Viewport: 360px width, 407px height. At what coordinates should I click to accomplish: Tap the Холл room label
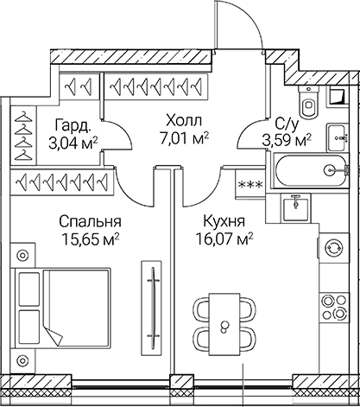[x=184, y=121]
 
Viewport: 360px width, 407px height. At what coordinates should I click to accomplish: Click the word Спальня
[x=89, y=219]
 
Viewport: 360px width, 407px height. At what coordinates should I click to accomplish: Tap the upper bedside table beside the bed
[x=22, y=253]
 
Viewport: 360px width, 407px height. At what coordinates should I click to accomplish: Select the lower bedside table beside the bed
[x=22, y=360]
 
